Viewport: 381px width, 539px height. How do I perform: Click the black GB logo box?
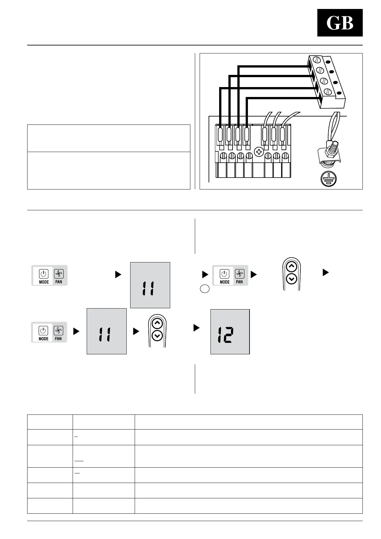coord(340,23)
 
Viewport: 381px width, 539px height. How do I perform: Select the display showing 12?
coord(230,332)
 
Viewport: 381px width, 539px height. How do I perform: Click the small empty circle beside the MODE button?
coord(205,289)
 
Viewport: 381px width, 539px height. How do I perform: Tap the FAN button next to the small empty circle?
coord(239,276)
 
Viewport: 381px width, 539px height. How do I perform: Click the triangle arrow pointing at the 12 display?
coord(196,328)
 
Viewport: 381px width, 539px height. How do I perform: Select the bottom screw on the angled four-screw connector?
coord(328,92)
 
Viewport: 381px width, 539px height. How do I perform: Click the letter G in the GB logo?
coord(333,23)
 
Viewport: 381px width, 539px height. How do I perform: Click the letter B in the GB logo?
coord(347,23)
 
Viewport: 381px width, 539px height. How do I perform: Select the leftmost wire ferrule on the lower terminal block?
coord(220,135)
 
